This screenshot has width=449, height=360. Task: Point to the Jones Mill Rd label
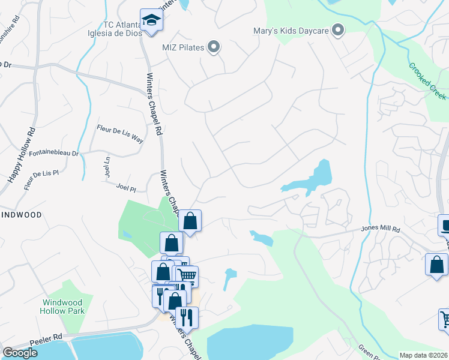[380, 229]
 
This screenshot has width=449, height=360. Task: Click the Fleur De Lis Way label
[120, 133]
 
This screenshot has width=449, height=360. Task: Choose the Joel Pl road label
[126, 188]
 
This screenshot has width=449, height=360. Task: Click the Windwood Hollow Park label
[62, 307]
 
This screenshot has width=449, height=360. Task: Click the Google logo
[20, 353]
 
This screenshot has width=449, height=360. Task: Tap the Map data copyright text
[423, 355]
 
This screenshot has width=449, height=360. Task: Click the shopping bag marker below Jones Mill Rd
[436, 265]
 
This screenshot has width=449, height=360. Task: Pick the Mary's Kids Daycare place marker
[339, 29]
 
